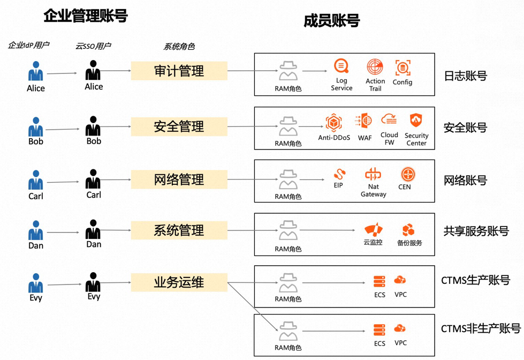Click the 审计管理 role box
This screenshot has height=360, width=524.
[x=179, y=71]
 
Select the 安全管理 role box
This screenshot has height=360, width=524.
[x=179, y=127]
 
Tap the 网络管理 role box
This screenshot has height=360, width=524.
[x=179, y=179]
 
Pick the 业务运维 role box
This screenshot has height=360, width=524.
[x=179, y=282]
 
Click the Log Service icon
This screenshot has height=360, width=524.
[x=341, y=66]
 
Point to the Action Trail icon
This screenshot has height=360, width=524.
[x=375, y=67]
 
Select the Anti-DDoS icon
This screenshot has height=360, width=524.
[x=334, y=123]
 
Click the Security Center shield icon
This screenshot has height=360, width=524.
[x=416, y=121]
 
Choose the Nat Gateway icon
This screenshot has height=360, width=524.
[x=373, y=174]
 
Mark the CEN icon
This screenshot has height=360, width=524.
[x=408, y=174]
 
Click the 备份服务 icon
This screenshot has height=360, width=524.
[x=409, y=230]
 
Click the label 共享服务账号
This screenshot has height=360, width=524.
[x=476, y=231]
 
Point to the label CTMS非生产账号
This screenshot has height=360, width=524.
[x=481, y=328]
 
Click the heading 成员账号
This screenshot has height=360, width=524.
[x=332, y=21]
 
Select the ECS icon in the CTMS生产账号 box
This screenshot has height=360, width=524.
[x=379, y=281]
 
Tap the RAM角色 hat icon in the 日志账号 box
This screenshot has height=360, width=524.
[x=288, y=72]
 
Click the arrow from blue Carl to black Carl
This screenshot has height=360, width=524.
[x=63, y=182]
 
